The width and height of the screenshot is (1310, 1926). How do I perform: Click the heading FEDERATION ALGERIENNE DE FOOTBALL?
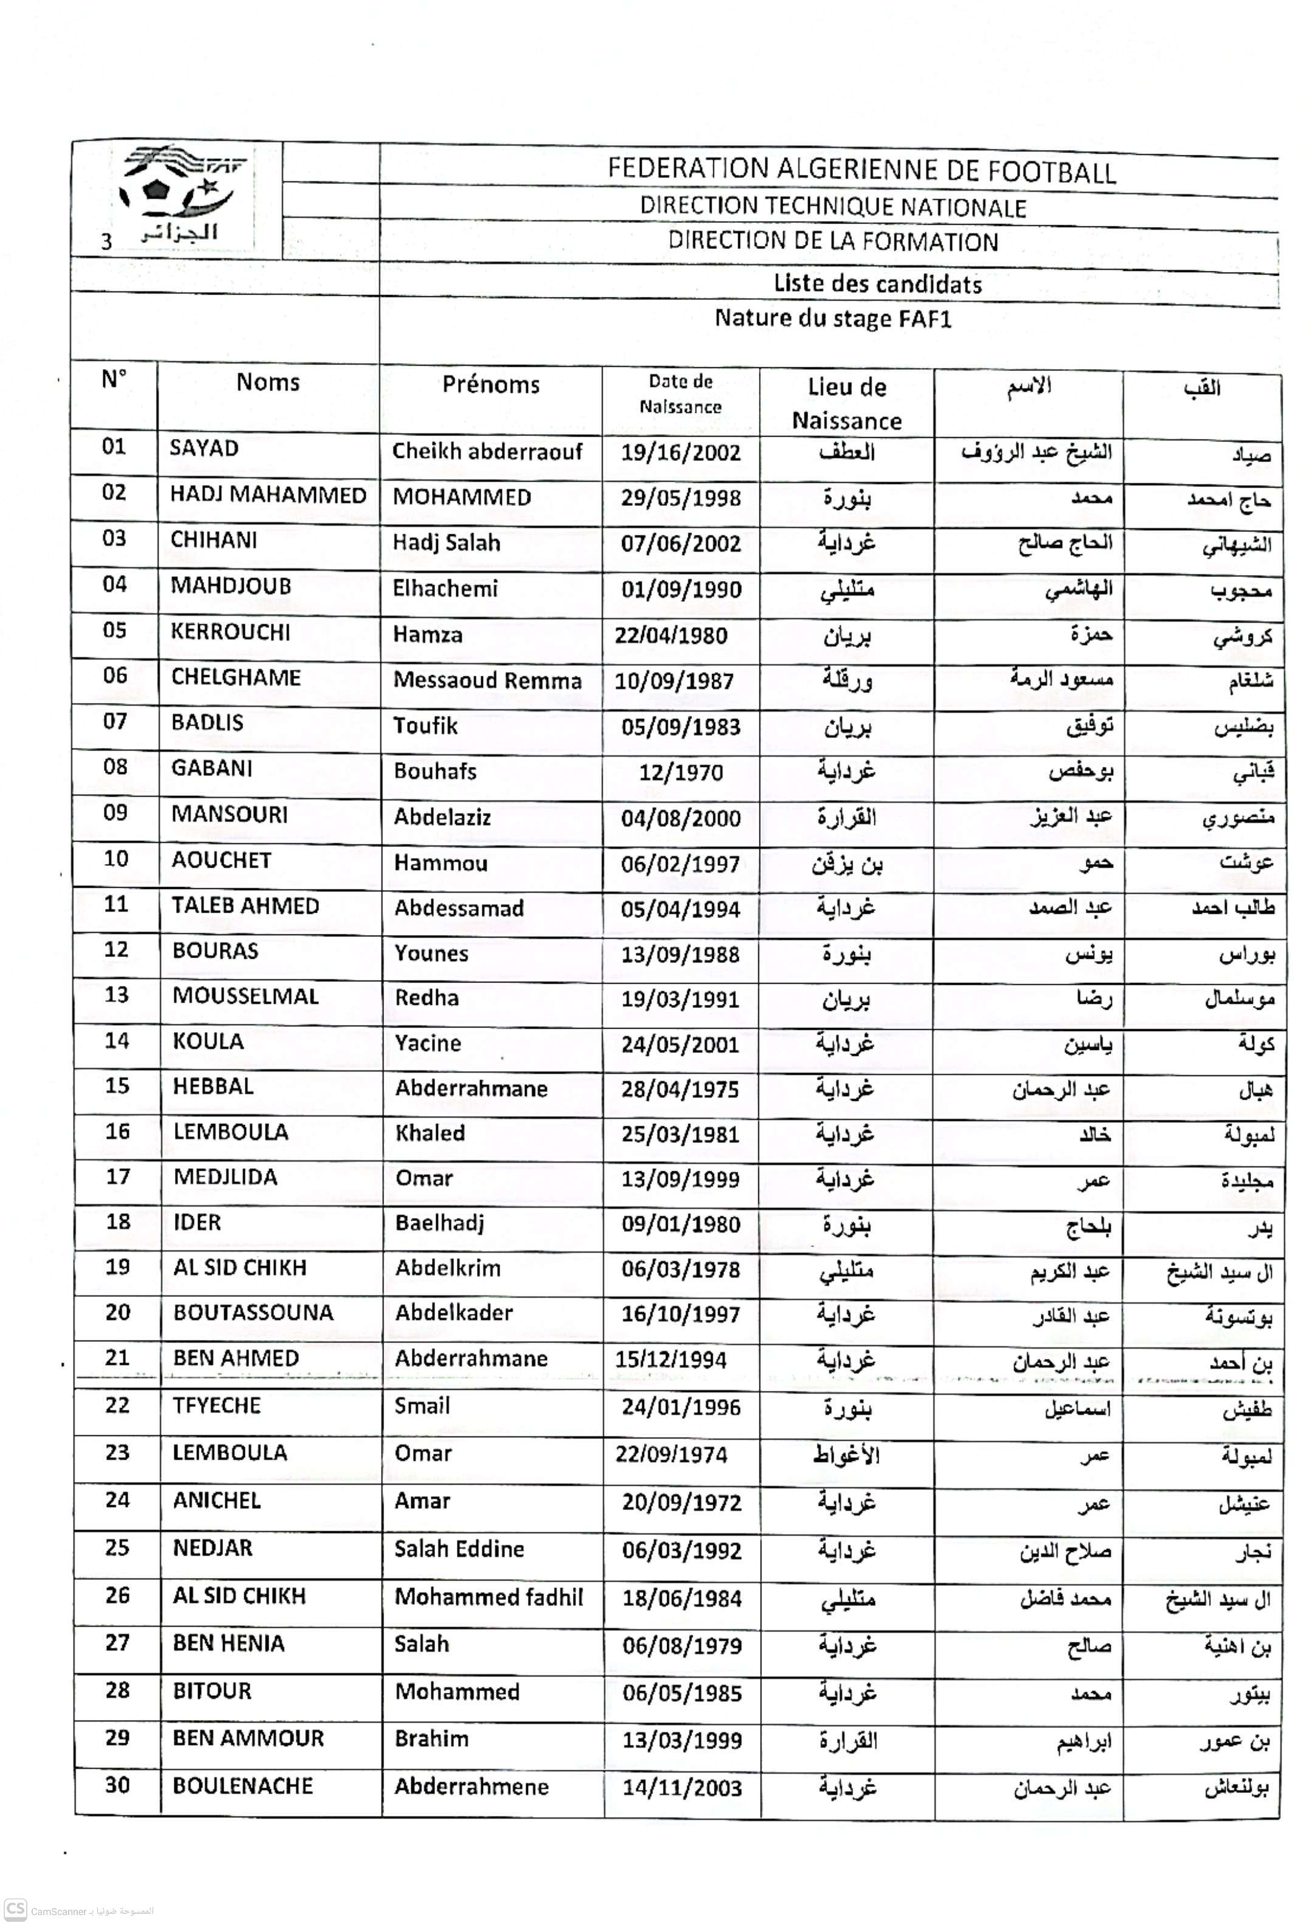tap(862, 170)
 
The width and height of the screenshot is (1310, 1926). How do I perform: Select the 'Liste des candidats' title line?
tap(877, 284)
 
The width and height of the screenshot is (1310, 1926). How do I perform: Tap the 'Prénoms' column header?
tap(490, 384)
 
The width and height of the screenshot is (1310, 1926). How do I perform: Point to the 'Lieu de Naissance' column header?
tap(846, 404)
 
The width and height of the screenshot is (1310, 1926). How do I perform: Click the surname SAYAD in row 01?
tap(204, 448)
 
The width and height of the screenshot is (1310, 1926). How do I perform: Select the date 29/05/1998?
tap(680, 498)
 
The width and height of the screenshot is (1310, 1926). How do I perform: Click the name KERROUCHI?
tap(230, 632)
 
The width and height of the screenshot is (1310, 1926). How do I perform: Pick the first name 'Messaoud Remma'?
tap(487, 681)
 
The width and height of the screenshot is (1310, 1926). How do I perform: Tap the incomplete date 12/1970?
tap(681, 772)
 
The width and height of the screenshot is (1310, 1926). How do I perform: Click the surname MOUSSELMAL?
tap(245, 996)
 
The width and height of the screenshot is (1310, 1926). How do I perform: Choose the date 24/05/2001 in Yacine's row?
tap(680, 1044)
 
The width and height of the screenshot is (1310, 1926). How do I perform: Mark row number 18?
tap(118, 1222)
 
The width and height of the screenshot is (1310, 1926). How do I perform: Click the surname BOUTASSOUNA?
tap(253, 1313)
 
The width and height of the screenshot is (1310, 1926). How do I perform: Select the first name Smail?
tap(422, 1406)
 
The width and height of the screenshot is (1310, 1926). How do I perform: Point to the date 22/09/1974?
tap(671, 1454)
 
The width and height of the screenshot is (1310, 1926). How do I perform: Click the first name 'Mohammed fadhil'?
tap(489, 1597)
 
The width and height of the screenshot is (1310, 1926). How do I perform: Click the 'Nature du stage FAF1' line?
tap(832, 319)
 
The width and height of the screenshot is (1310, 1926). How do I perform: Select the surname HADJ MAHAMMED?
tap(268, 495)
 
